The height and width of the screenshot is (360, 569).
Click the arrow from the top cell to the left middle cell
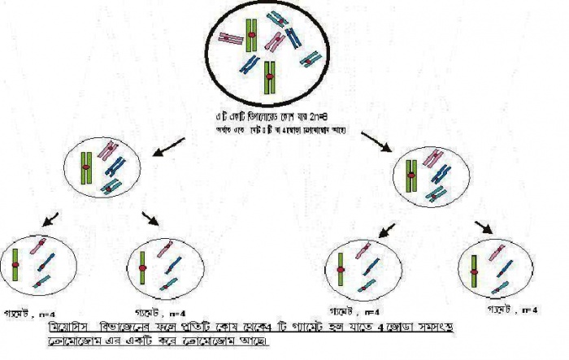click(x=168, y=147)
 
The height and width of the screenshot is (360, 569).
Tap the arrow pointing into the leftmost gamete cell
click(x=49, y=218)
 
